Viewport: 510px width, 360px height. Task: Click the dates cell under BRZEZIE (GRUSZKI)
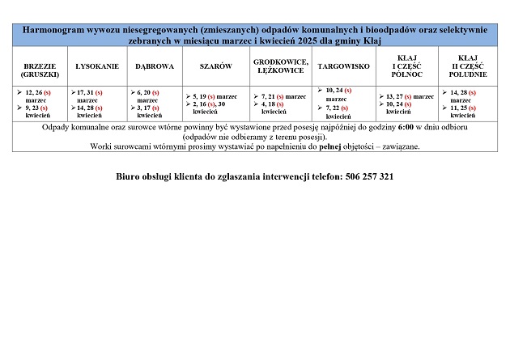click(40, 104)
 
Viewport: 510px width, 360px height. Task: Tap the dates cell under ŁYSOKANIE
click(98, 104)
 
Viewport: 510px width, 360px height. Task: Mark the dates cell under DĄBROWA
click(155, 104)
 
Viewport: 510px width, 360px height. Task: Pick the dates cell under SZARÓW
click(216, 104)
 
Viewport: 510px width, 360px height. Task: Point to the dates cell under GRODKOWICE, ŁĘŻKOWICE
click(279, 104)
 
